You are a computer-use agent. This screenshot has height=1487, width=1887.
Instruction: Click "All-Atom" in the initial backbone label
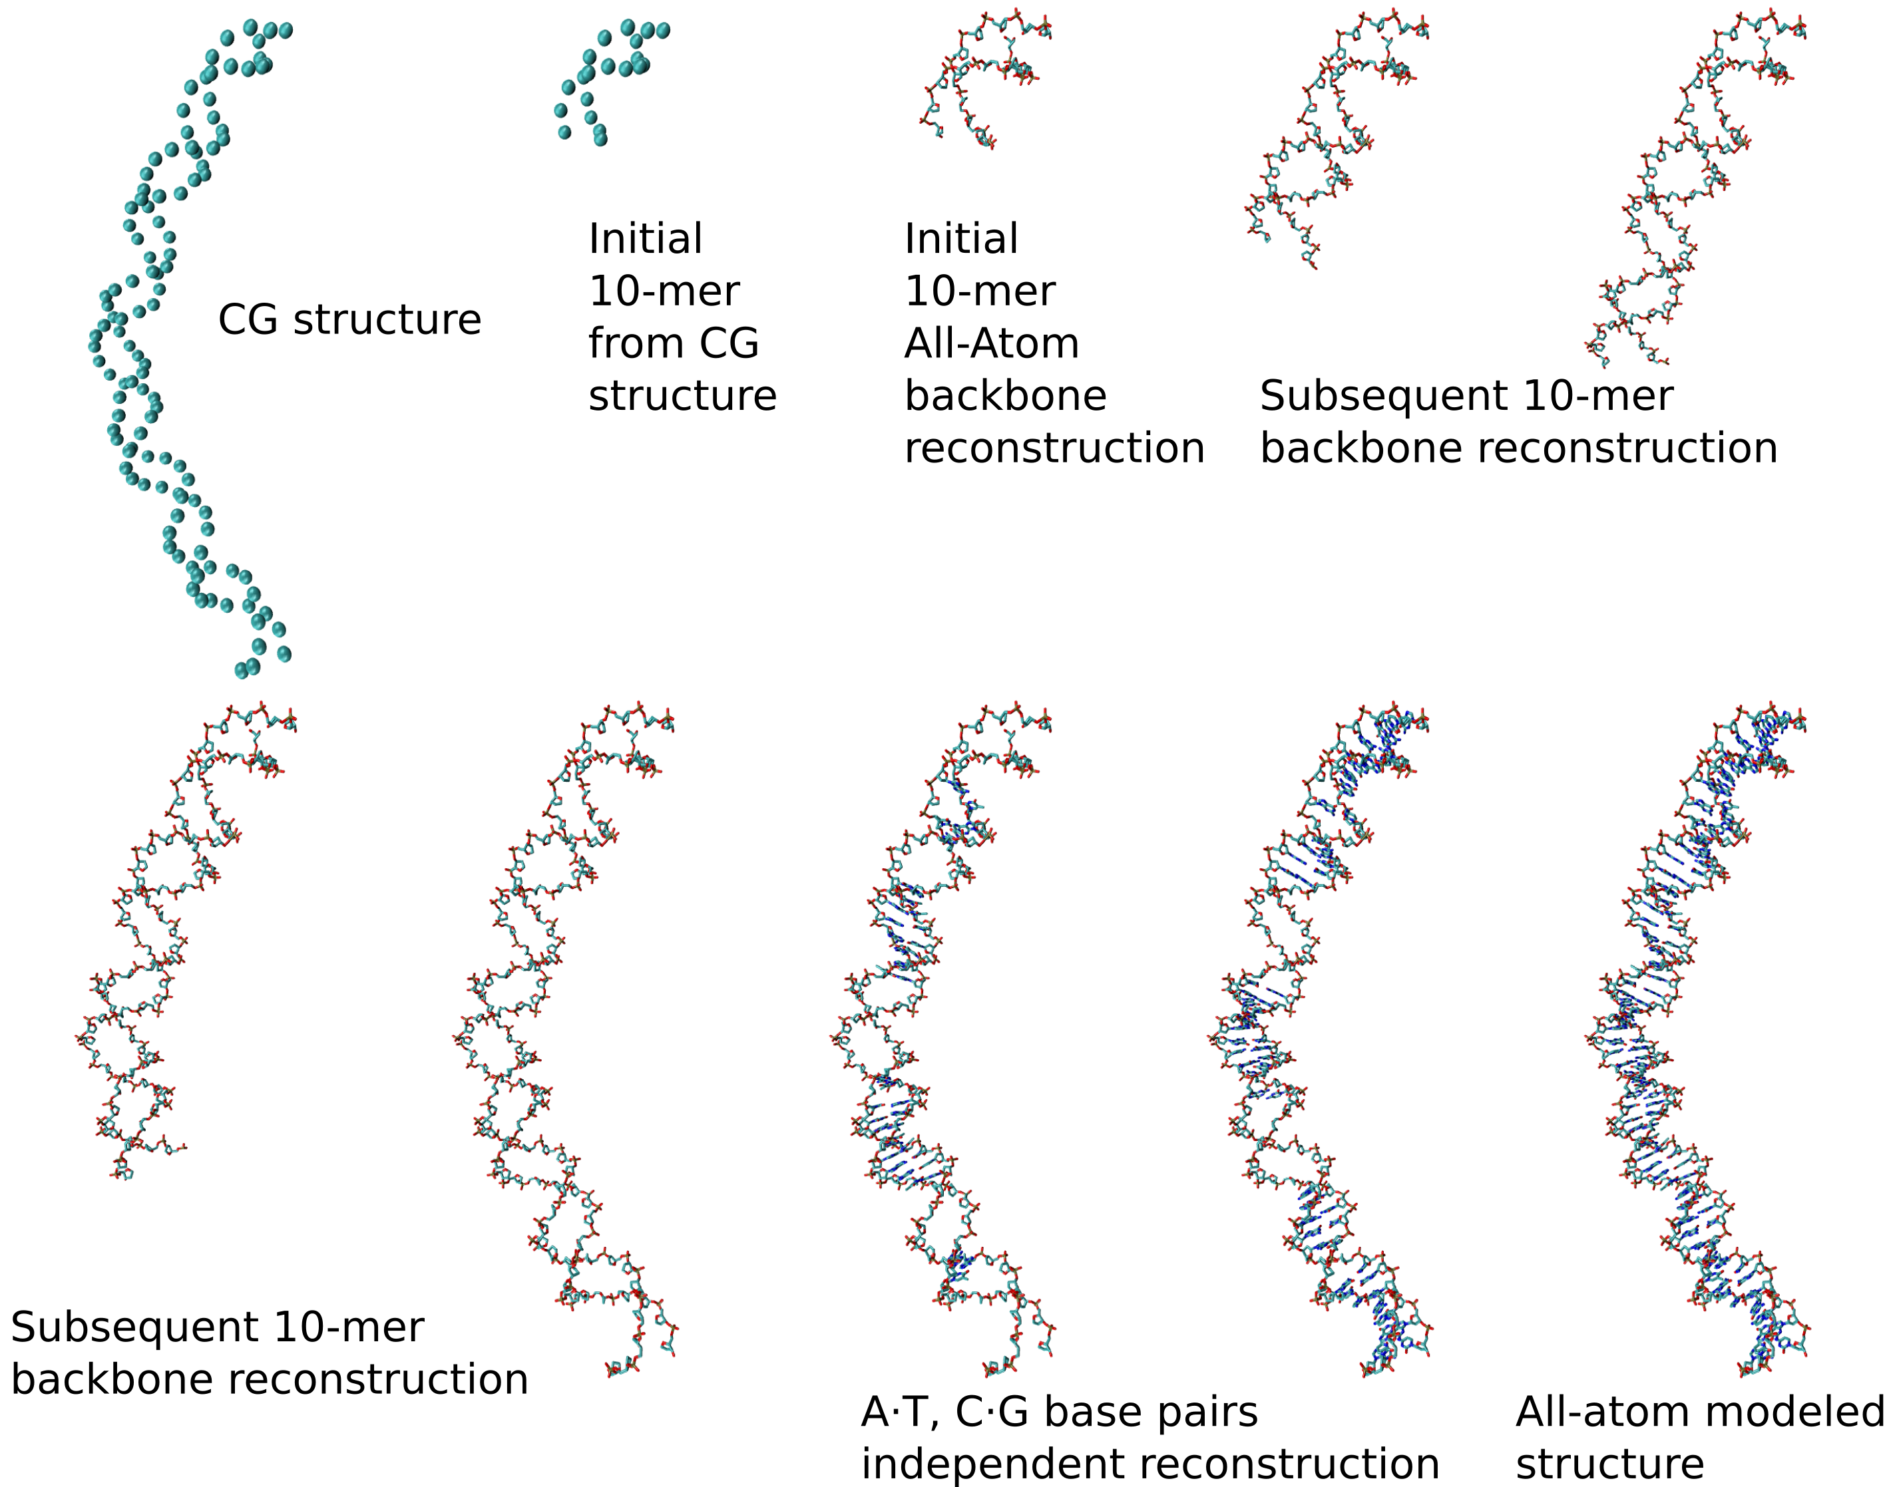click(x=991, y=343)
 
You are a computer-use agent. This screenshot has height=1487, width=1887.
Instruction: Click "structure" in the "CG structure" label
click(x=387, y=319)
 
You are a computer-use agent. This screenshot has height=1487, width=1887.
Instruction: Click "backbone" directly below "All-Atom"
click(x=1005, y=396)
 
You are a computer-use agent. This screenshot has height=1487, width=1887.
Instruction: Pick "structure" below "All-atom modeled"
click(x=1609, y=1464)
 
